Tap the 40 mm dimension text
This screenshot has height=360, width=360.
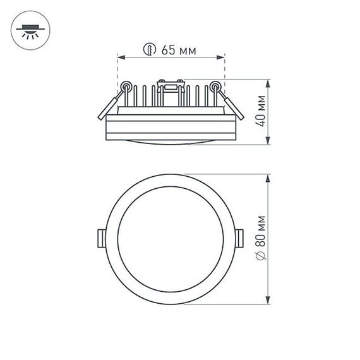click(x=260, y=112)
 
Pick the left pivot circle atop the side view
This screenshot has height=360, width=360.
click(x=126, y=86)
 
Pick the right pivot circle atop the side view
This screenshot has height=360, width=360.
click(x=215, y=86)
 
